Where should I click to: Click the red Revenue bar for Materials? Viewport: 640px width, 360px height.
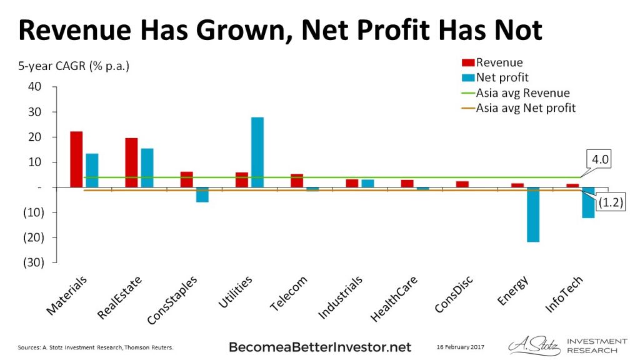click(x=76, y=159)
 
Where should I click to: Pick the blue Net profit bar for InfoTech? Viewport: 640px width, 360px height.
click(x=588, y=202)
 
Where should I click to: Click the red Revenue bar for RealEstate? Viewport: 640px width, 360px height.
click(x=131, y=162)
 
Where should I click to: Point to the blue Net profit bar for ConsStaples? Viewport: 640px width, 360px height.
click(x=202, y=194)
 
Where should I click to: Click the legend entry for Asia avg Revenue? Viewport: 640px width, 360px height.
click(x=522, y=93)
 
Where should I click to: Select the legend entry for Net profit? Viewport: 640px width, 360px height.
click(x=502, y=77)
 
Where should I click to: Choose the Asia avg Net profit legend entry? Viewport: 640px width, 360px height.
click(x=526, y=108)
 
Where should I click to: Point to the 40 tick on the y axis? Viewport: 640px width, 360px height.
click(x=34, y=86)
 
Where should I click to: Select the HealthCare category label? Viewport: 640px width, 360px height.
click(x=395, y=299)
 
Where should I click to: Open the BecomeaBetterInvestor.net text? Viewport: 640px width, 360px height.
click(x=320, y=346)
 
